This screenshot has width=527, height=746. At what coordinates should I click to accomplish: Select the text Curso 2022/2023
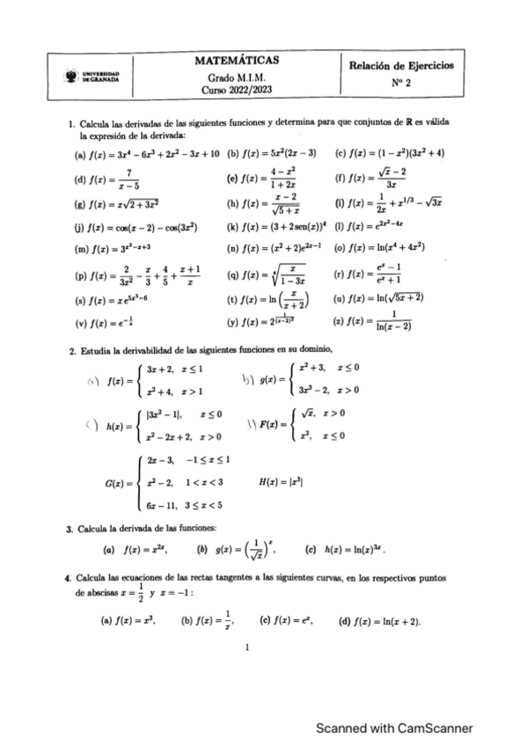click(x=236, y=90)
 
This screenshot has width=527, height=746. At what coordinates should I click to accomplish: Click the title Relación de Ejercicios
click(x=400, y=66)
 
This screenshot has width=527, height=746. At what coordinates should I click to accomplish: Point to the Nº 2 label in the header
click(x=400, y=84)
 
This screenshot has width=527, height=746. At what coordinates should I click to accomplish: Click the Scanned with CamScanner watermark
click(x=394, y=704)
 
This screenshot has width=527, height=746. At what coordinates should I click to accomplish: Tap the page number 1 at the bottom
click(x=248, y=648)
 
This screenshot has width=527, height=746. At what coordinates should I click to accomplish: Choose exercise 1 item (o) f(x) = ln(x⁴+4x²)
click(x=383, y=248)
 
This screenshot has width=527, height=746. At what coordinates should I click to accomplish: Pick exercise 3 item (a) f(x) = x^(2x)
click(x=134, y=551)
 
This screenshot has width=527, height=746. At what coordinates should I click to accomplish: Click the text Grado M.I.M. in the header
click(x=236, y=77)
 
